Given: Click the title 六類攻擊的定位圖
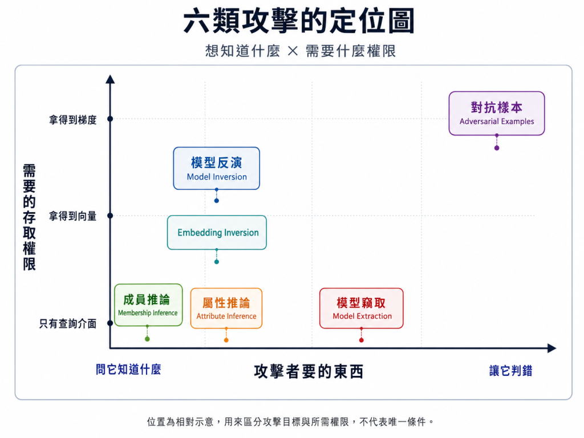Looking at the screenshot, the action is [x=299, y=21].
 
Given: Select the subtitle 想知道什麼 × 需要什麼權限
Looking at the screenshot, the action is [x=300, y=51].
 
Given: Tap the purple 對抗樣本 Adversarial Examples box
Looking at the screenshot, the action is [x=497, y=113].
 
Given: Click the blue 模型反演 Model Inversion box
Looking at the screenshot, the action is [x=216, y=168].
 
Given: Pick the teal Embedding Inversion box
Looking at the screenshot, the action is [x=217, y=233].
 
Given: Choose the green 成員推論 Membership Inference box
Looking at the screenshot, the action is [x=148, y=305].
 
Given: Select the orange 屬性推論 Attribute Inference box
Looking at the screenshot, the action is [x=226, y=308].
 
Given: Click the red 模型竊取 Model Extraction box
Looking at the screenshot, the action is [x=361, y=308].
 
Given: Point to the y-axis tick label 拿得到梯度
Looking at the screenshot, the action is [x=73, y=120].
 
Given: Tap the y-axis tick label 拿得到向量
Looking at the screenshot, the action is [x=73, y=216].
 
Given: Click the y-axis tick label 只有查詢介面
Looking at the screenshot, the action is [x=68, y=323].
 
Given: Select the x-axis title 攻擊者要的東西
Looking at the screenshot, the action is [x=309, y=371].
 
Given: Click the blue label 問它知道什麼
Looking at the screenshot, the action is [x=128, y=370].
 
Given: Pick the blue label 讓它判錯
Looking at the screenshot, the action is [x=510, y=371].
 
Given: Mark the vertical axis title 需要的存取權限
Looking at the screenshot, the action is [x=29, y=217].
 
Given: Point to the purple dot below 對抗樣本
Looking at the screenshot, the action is [x=497, y=148].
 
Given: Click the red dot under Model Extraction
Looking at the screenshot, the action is [x=361, y=340].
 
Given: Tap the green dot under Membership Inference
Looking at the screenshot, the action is [x=148, y=339].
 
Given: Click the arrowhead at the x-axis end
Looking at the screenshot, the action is [x=551, y=348].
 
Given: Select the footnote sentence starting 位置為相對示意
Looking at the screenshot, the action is [x=291, y=421].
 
